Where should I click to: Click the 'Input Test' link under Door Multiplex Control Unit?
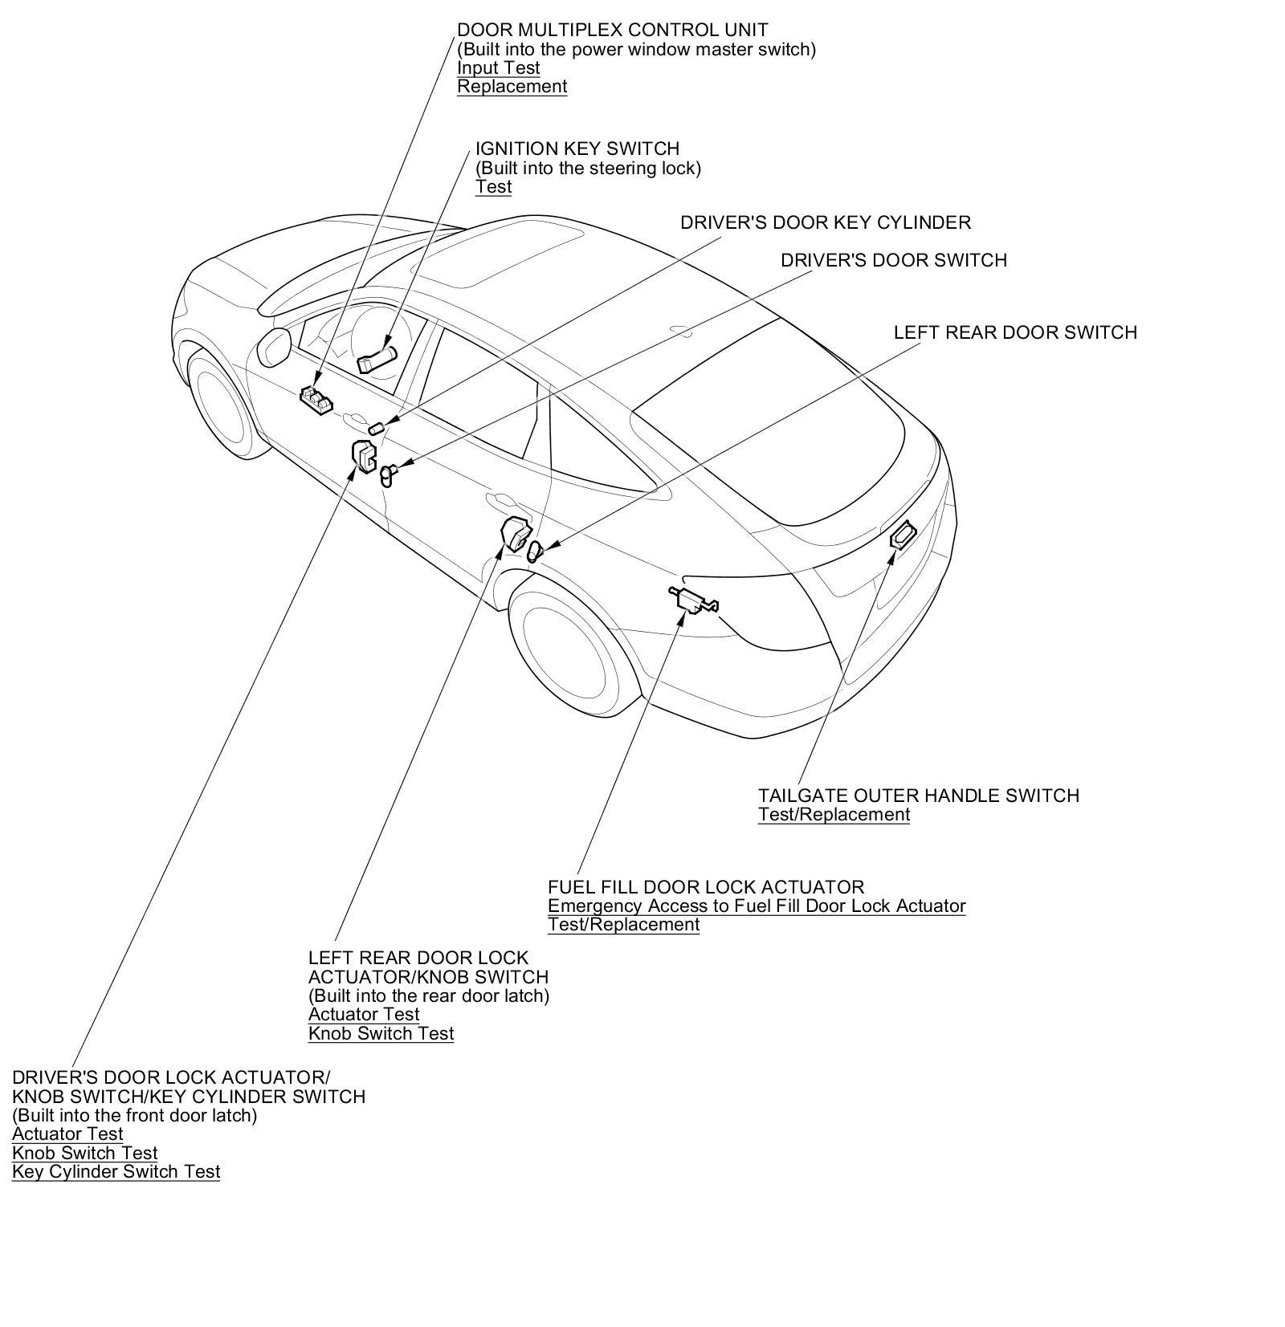498,68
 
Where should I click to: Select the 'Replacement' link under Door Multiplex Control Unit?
512,87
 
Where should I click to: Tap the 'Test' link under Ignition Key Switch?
493,187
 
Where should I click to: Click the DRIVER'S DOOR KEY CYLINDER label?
825,222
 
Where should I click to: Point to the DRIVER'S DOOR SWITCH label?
893,260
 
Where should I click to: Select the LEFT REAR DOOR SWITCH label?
1014,332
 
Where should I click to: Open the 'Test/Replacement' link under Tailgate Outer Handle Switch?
834,815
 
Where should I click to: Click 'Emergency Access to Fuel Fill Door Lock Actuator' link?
756,906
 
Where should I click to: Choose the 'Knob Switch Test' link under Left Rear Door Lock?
381,1034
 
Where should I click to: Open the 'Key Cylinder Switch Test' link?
116,1172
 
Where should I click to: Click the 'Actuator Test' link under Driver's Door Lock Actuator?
67,1134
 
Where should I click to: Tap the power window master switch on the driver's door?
317,399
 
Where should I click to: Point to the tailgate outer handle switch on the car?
904,534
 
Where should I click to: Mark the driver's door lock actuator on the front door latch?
364,455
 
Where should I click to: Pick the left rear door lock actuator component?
514,533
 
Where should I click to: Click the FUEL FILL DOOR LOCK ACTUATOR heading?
705,887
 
